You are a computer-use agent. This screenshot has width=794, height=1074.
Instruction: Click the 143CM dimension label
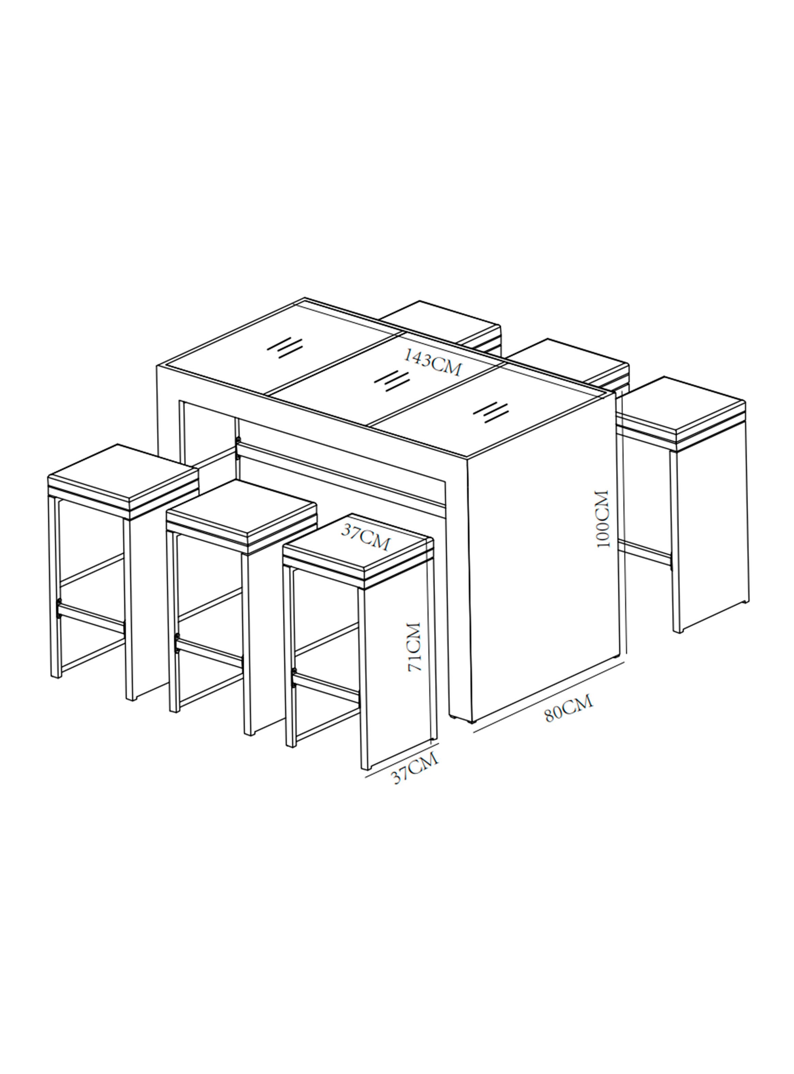click(432, 362)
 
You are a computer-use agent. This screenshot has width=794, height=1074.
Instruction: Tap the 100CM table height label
click(602, 519)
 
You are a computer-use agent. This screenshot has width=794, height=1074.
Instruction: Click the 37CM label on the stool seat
click(366, 536)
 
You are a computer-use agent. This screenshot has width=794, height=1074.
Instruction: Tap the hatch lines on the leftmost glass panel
click(284, 347)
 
